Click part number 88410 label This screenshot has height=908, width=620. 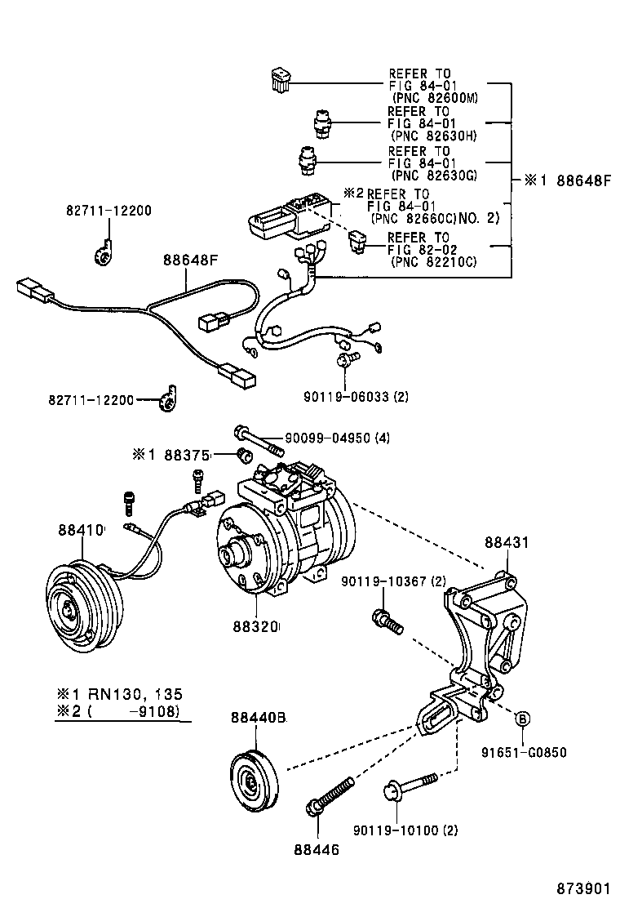[81, 530]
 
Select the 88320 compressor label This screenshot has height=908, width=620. [255, 627]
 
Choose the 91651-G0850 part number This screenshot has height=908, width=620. [522, 753]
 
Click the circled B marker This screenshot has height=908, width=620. [523, 719]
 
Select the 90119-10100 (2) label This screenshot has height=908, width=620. [405, 830]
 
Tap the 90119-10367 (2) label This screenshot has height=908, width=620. [394, 581]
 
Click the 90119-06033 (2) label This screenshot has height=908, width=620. [355, 396]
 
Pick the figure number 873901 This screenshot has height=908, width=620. [583, 888]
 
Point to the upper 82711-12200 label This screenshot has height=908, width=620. [108, 211]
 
